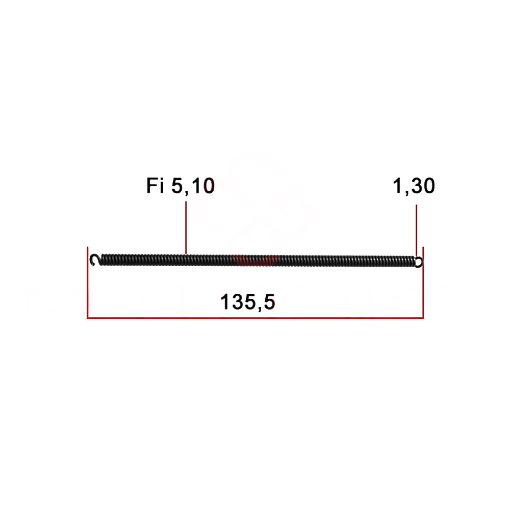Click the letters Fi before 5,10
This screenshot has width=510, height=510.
(x=155, y=186)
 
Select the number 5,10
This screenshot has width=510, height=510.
(x=193, y=186)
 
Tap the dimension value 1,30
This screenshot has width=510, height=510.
(x=414, y=186)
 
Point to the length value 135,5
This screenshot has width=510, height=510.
(x=248, y=302)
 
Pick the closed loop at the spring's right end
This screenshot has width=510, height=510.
(x=419, y=262)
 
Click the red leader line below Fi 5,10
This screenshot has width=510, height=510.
(x=186, y=227)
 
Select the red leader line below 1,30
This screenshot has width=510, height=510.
(x=416, y=231)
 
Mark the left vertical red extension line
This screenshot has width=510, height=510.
(x=88, y=283)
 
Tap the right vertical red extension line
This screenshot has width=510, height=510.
(x=423, y=283)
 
